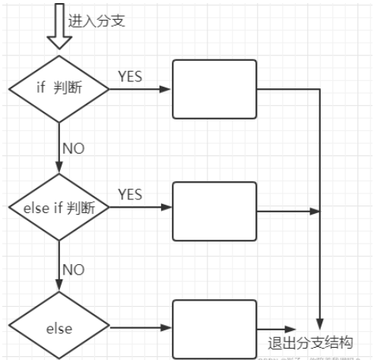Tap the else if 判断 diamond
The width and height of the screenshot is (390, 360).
[59, 207]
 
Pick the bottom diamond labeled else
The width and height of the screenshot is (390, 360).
[59, 328]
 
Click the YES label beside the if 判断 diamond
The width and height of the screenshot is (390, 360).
[130, 75]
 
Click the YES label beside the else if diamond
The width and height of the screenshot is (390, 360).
[130, 194]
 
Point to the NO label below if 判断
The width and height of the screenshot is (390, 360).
[73, 148]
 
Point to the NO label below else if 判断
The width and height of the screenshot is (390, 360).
[73, 269]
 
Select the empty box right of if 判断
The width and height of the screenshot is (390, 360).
[215, 89]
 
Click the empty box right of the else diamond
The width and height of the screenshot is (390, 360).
[215, 328]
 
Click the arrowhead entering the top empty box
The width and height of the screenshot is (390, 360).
[166, 89]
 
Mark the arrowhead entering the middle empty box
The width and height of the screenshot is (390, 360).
[166, 207]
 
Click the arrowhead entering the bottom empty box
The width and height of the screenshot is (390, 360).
[166, 328]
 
